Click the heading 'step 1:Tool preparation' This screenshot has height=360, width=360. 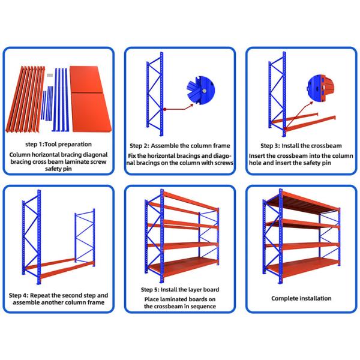(x=59, y=144)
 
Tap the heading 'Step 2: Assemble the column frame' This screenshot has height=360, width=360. (x=179, y=146)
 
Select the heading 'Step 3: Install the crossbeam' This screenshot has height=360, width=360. (x=301, y=146)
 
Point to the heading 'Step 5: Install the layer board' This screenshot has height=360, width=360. (x=179, y=289)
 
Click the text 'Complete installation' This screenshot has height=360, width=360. (x=301, y=298)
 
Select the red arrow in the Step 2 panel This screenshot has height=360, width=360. (x=180, y=107)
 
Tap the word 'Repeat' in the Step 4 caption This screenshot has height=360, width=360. (x=49, y=295)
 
